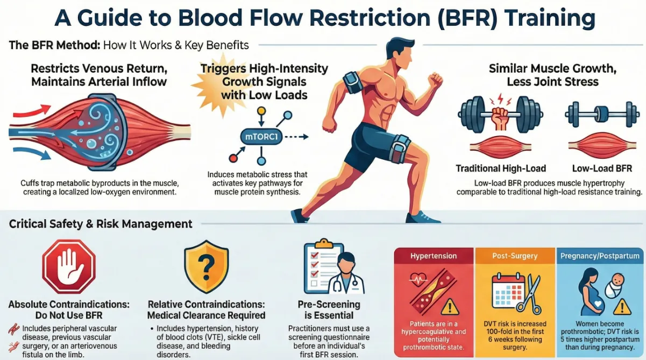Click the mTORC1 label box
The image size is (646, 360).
[261, 137]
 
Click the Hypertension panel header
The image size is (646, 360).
[434, 256]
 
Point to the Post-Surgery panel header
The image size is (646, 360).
[515, 256]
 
